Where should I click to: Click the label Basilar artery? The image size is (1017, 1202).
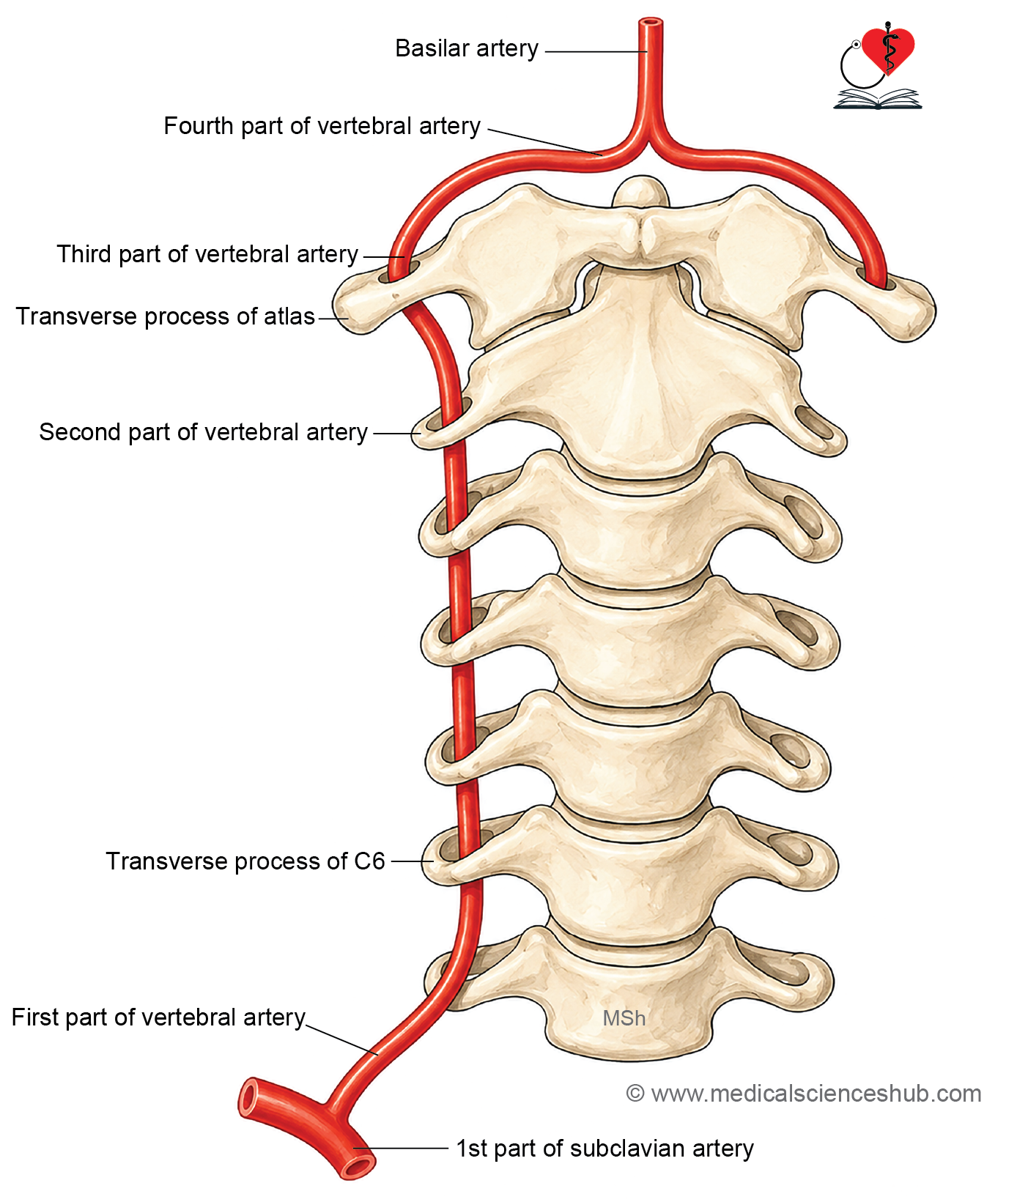click(x=467, y=48)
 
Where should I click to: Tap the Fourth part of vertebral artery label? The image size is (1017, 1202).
click(x=322, y=126)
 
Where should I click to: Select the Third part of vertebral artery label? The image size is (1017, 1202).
click(x=207, y=254)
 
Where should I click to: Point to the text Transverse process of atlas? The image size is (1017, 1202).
click(x=166, y=316)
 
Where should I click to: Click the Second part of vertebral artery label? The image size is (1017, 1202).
click(x=204, y=432)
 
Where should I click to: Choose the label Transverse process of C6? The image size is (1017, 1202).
click(x=245, y=861)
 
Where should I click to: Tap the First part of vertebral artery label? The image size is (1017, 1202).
click(x=158, y=1017)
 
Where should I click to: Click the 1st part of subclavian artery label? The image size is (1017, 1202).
click(x=604, y=1149)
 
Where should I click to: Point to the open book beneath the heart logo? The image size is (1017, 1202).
click(x=878, y=100)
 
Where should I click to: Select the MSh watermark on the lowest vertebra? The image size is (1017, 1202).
click(x=624, y=1018)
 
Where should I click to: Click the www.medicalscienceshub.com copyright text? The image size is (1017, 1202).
click(x=804, y=1094)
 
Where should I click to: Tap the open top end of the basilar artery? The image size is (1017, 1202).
click(x=651, y=23)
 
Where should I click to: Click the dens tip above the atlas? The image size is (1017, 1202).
click(x=641, y=190)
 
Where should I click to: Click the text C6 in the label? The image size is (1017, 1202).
click(x=369, y=861)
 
